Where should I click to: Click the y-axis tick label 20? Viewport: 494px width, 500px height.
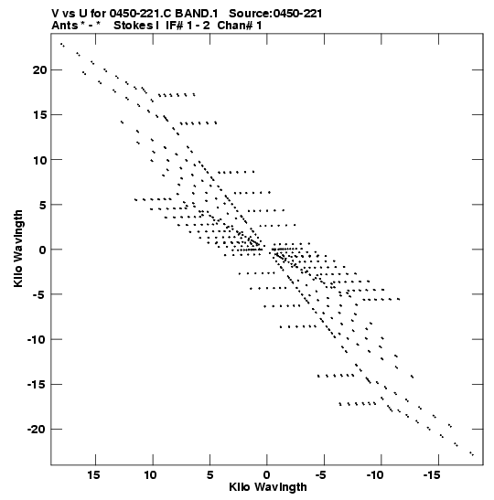click(x=39, y=69)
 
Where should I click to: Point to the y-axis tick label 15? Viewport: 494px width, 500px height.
click(x=39, y=115)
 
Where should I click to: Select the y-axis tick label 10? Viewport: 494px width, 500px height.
click(x=39, y=160)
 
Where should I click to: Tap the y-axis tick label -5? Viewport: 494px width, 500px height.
click(x=39, y=294)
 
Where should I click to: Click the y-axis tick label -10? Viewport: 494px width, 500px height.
click(x=37, y=339)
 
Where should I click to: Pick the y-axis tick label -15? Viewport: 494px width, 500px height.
click(x=37, y=384)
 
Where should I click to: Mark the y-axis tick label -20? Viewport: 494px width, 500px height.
click(x=37, y=430)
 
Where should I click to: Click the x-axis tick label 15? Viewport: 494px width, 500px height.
click(x=93, y=475)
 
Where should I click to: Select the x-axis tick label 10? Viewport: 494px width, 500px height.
click(x=151, y=475)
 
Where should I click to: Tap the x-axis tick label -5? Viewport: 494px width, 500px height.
click(x=321, y=475)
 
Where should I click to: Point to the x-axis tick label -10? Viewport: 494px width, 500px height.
click(x=375, y=475)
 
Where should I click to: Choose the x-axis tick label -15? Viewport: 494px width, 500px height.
click(x=432, y=475)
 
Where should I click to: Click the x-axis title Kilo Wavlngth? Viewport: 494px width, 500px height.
click(x=268, y=487)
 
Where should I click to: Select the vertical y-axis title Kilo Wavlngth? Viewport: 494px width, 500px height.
click(x=18, y=249)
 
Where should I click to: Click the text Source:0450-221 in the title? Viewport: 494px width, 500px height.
click(x=275, y=14)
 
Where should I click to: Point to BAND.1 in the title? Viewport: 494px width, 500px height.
click(x=197, y=14)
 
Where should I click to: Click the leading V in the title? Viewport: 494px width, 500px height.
click(x=55, y=14)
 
